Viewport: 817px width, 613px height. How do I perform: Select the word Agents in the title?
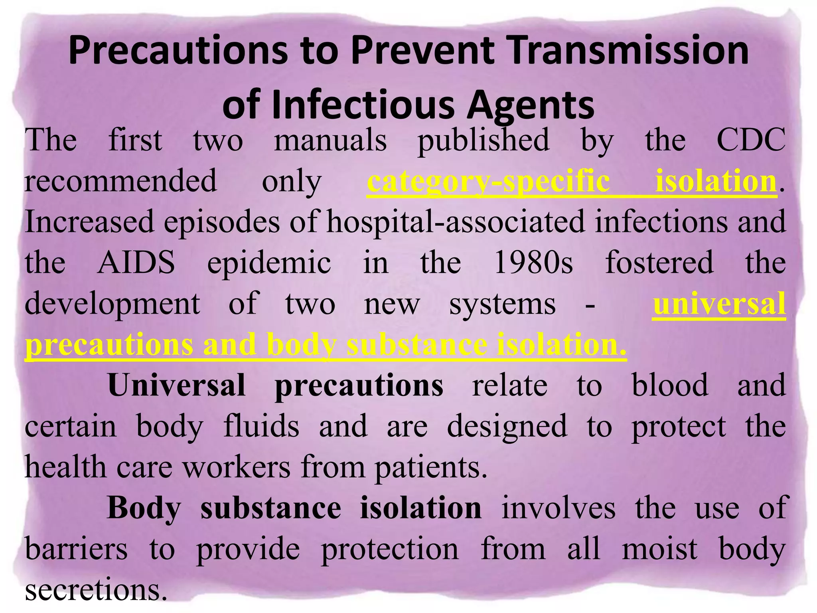(x=531, y=106)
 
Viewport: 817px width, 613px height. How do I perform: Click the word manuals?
(x=330, y=140)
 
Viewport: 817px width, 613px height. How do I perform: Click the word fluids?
(x=261, y=426)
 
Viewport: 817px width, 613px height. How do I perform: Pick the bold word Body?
(x=144, y=508)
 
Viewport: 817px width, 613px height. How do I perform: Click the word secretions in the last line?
(x=96, y=590)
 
